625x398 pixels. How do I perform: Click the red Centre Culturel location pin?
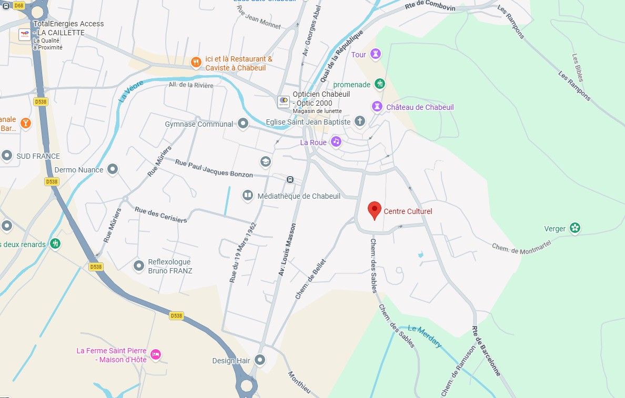(x=374, y=210)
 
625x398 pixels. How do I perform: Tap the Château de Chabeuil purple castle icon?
(x=377, y=107)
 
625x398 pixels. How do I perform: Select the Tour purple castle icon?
(x=375, y=54)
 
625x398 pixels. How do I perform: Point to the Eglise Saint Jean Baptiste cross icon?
(x=360, y=122)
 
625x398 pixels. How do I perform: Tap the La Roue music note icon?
(x=336, y=142)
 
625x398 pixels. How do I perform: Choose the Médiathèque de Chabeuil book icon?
(x=247, y=196)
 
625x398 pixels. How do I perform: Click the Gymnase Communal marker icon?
(x=243, y=124)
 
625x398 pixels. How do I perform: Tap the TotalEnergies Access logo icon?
(x=24, y=35)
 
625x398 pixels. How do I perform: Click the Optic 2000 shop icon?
(x=284, y=101)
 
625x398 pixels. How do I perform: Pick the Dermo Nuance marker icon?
(x=113, y=169)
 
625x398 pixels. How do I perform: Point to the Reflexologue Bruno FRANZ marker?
(x=139, y=266)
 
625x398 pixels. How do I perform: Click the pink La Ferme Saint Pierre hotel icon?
(x=156, y=355)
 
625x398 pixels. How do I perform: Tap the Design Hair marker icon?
(x=260, y=360)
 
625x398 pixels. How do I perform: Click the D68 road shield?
(x=18, y=5)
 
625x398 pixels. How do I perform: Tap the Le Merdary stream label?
(x=425, y=336)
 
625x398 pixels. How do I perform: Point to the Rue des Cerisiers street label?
(x=161, y=215)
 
